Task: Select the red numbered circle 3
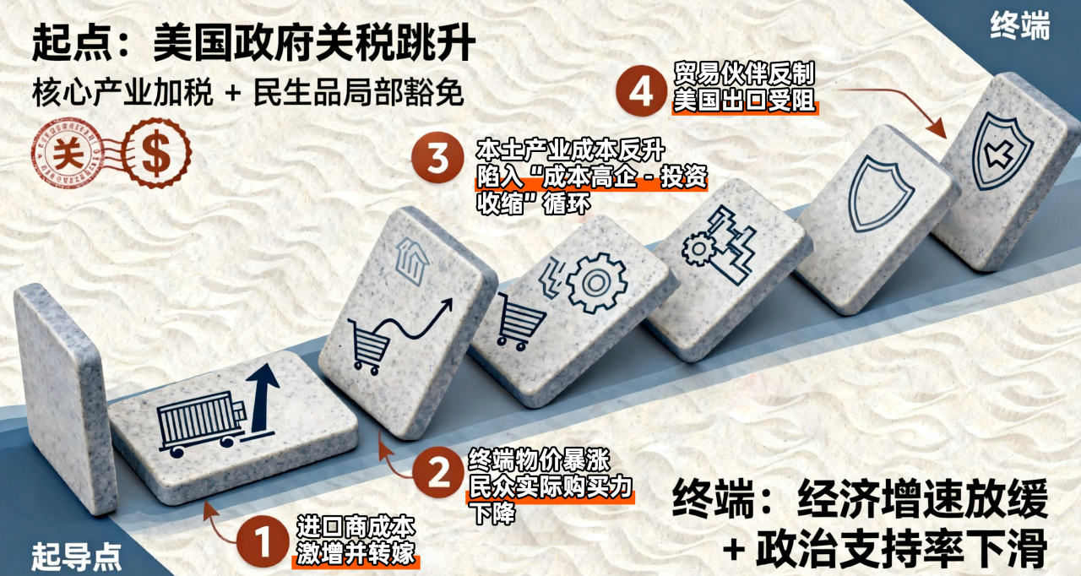click(437, 159)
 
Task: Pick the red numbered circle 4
click(641, 89)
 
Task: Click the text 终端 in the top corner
click(1020, 26)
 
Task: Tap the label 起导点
click(76, 557)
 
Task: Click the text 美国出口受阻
click(744, 102)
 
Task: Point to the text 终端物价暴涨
click(538, 461)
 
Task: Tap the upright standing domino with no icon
click(63, 397)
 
